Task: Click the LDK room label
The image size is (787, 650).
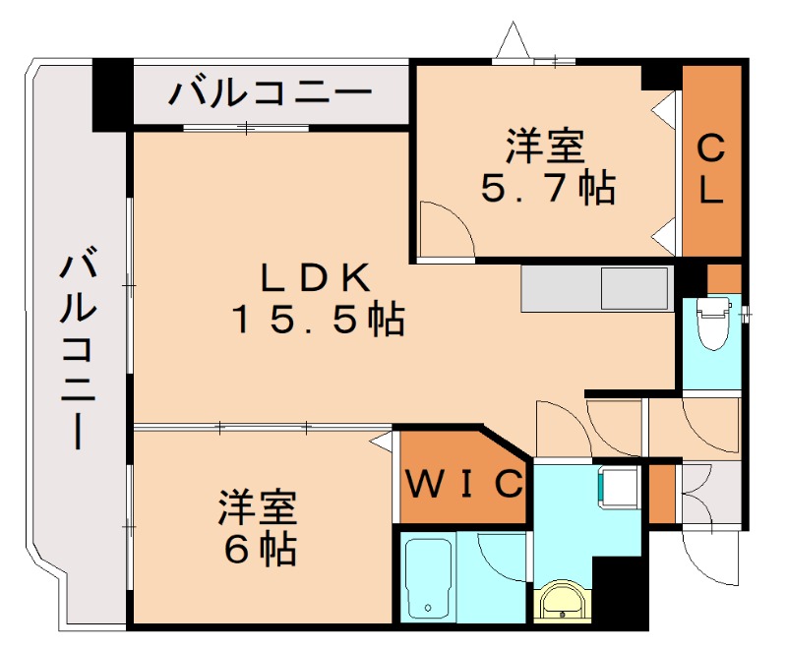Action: point(315,278)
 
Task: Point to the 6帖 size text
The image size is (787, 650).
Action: point(260,550)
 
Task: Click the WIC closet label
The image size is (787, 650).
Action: point(464,483)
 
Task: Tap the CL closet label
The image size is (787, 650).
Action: point(711,169)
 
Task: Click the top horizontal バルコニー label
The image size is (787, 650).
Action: point(271,94)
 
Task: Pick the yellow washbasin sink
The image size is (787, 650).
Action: point(563,601)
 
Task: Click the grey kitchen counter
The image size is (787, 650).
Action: point(596,289)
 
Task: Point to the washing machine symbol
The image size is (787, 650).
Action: point(617,485)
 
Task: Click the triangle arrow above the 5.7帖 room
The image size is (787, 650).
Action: point(513,40)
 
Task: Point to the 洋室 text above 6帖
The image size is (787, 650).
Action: point(258,508)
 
